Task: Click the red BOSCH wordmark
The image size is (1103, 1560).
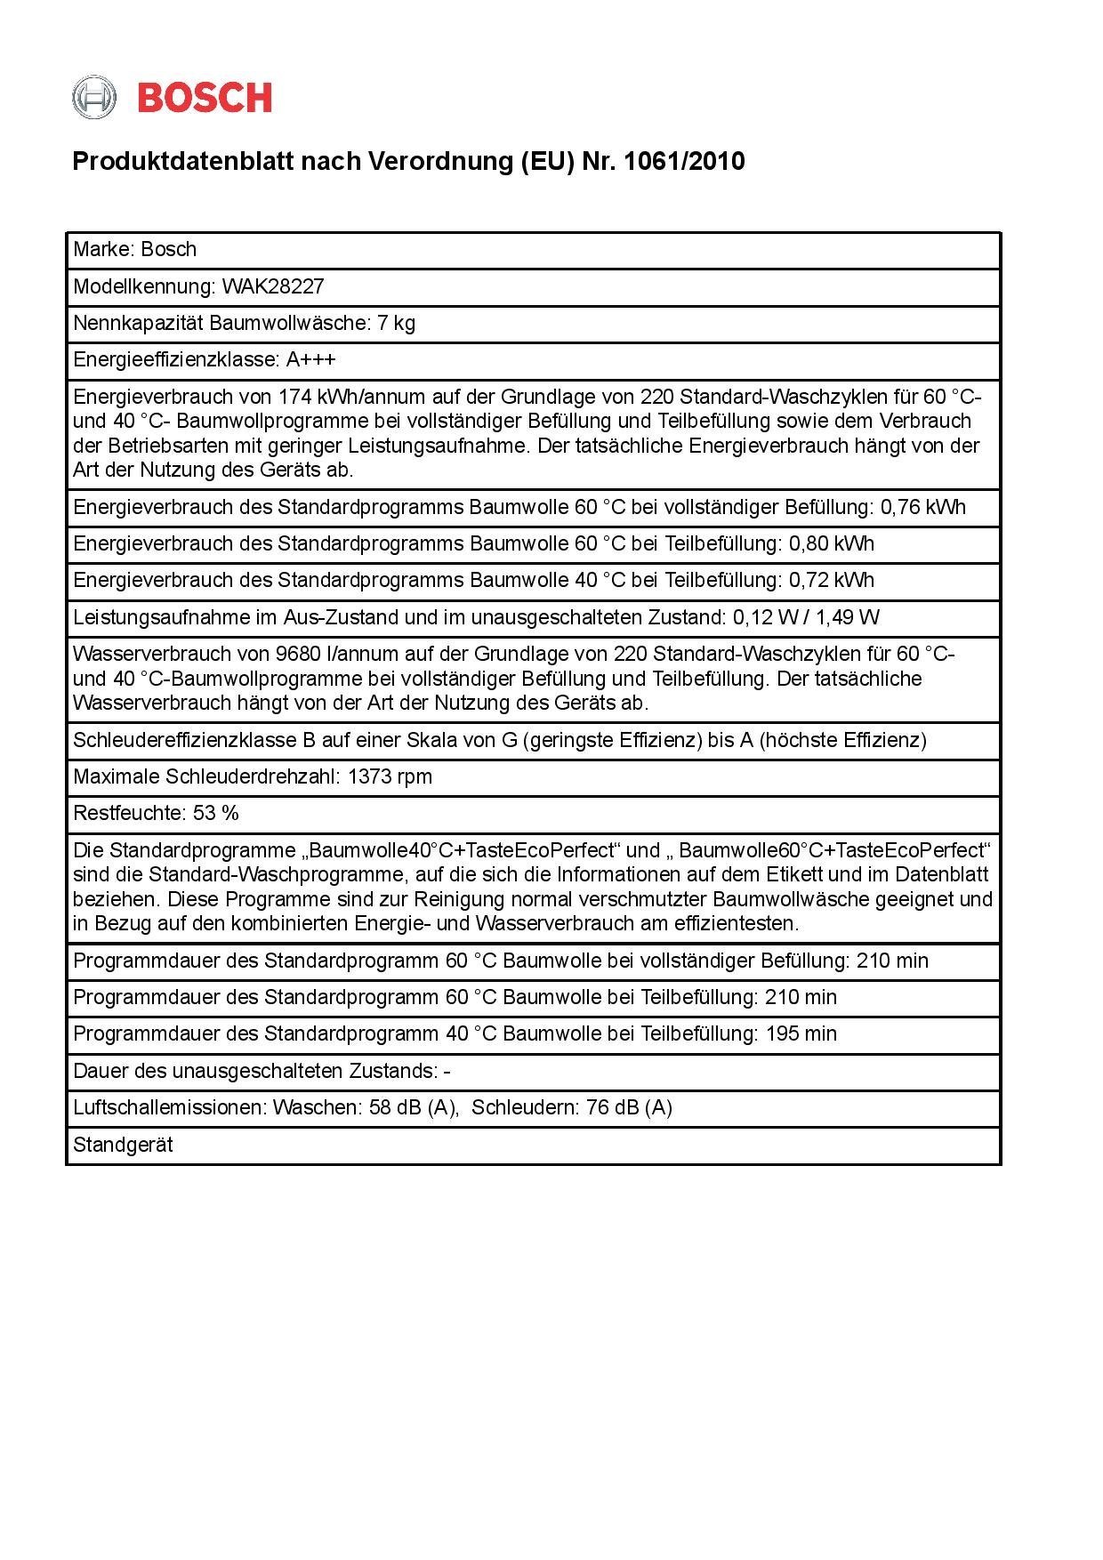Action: click(205, 97)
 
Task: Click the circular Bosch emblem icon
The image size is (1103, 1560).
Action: click(93, 97)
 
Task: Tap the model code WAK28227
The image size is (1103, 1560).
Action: click(273, 286)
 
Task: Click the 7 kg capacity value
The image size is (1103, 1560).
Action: click(396, 323)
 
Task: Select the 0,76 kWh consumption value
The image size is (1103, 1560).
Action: click(922, 507)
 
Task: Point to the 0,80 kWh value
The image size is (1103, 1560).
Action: click(832, 543)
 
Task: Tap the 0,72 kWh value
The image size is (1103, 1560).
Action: click(832, 580)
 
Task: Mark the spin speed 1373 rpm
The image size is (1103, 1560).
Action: click(390, 776)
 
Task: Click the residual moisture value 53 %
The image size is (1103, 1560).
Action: click(216, 813)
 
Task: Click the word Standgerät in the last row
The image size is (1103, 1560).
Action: click(123, 1145)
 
